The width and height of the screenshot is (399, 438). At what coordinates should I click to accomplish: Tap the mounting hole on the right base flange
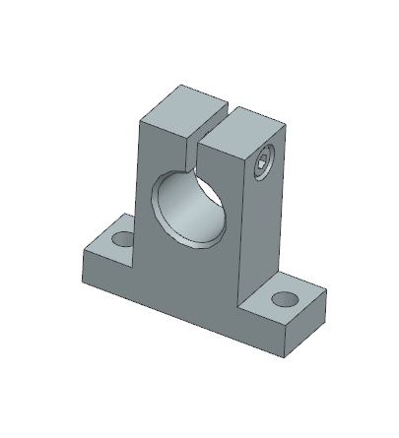285,298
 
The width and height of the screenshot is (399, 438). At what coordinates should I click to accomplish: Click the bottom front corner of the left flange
84,269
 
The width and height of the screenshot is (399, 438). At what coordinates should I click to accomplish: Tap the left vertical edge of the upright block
139,177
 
